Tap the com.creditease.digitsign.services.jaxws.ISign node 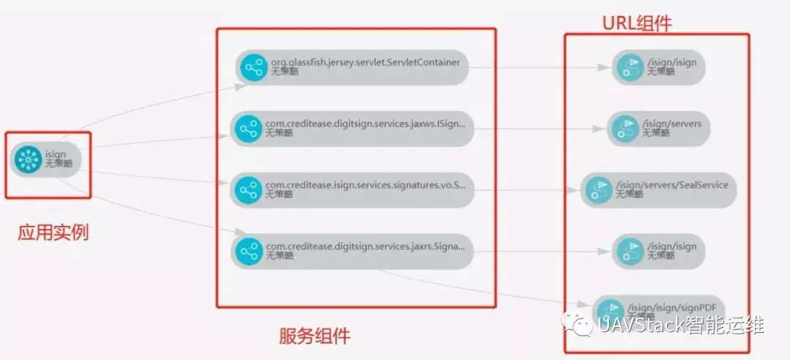point(351,130)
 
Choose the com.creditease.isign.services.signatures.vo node point(351,190)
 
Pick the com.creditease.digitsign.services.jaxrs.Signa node point(351,252)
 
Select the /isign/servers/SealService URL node point(658,190)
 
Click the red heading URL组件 point(636,24)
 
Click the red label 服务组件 point(315,336)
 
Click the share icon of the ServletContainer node point(254,68)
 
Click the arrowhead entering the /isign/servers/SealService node point(575,190)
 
